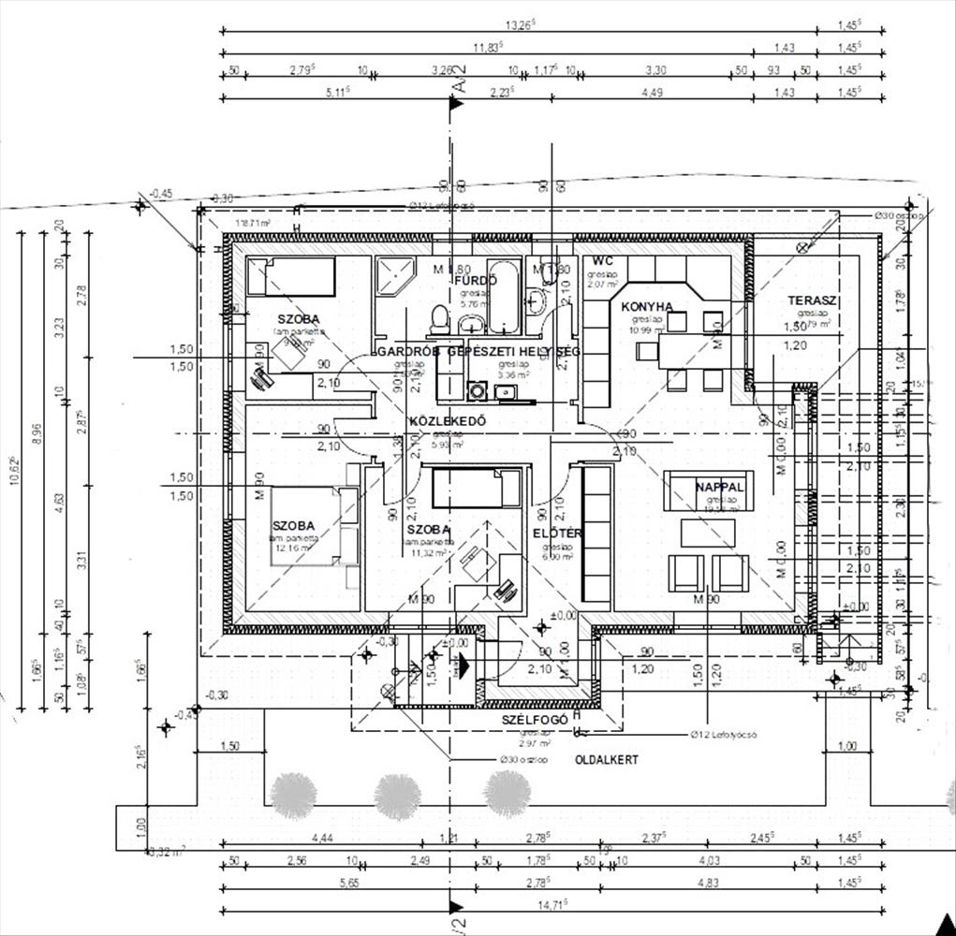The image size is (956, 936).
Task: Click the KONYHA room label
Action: pyautogui.click(x=647, y=306)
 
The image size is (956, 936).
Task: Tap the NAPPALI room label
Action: pyautogui.click(x=719, y=487)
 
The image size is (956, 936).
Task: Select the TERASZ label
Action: pyautogui.click(x=811, y=300)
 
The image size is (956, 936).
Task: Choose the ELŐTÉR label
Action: pyautogui.click(x=558, y=534)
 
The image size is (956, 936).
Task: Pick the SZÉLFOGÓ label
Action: pyautogui.click(x=535, y=719)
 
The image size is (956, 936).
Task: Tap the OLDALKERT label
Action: pyautogui.click(x=607, y=760)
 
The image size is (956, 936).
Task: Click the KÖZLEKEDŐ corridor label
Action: pyautogui.click(x=448, y=421)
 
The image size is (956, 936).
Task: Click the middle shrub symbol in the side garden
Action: pyautogui.click(x=396, y=795)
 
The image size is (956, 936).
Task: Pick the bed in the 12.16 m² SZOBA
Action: pyautogui.click(x=309, y=526)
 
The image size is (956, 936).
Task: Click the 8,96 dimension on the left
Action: pyautogui.click(x=37, y=431)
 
